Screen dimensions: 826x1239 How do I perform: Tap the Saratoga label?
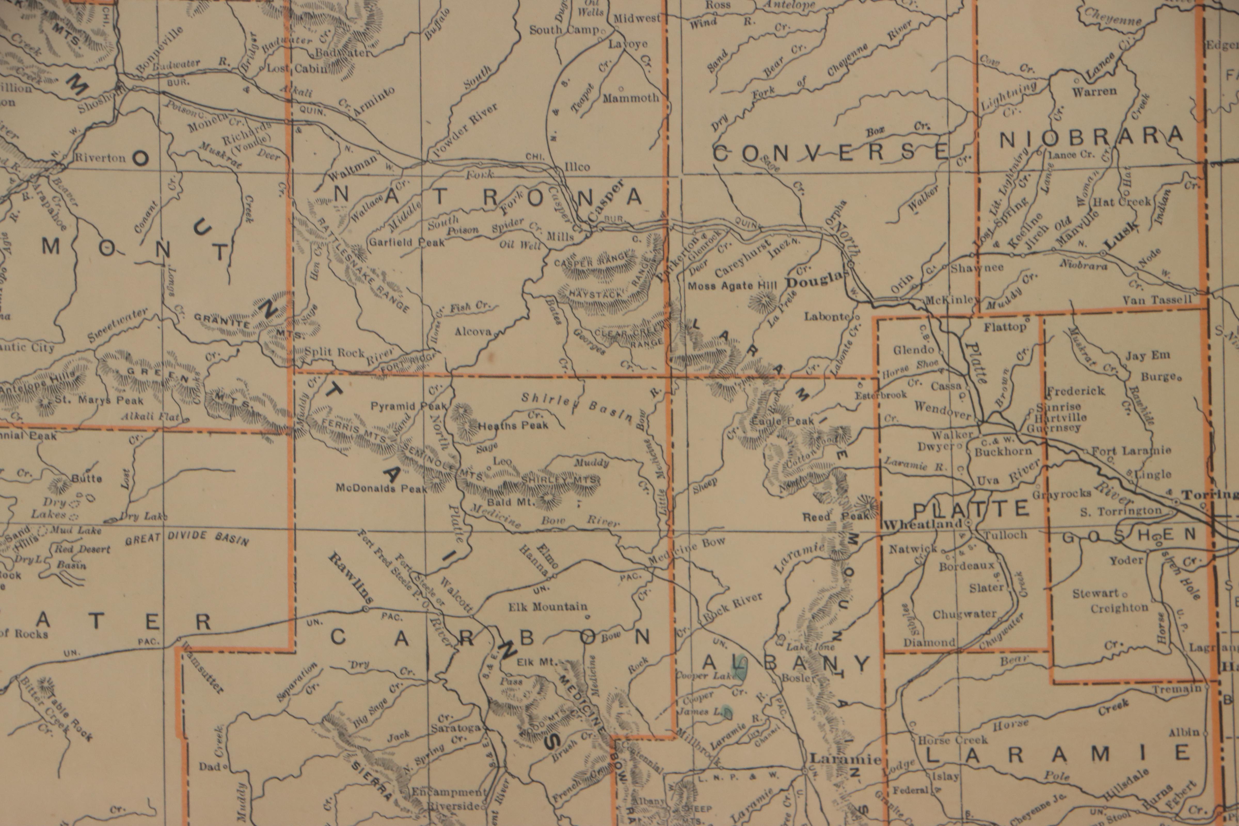(x=456, y=728)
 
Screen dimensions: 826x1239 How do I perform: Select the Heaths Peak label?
(x=514, y=425)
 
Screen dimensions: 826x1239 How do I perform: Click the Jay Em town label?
(x=1147, y=356)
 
